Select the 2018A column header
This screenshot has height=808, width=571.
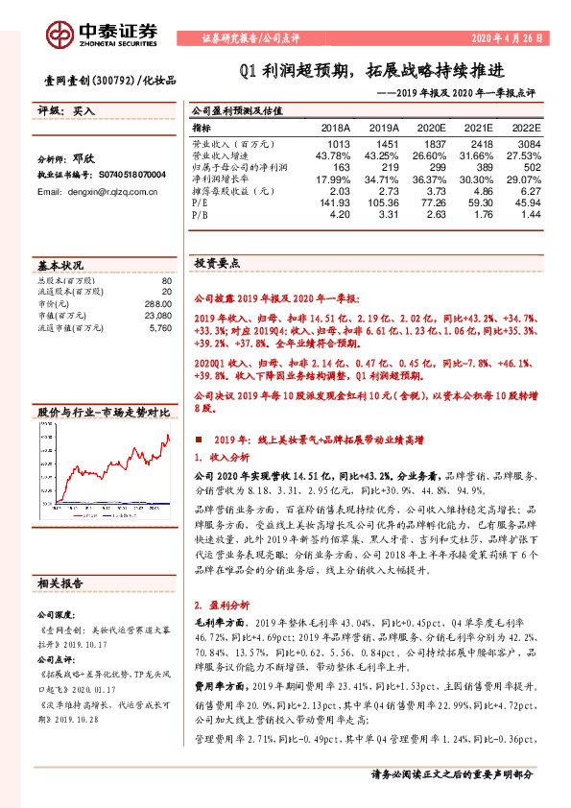click(335, 127)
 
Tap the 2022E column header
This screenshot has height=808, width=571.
click(524, 127)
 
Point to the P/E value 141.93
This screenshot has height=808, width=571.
click(336, 203)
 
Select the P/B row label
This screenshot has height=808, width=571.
click(201, 216)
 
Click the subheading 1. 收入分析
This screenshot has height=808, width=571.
click(222, 457)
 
